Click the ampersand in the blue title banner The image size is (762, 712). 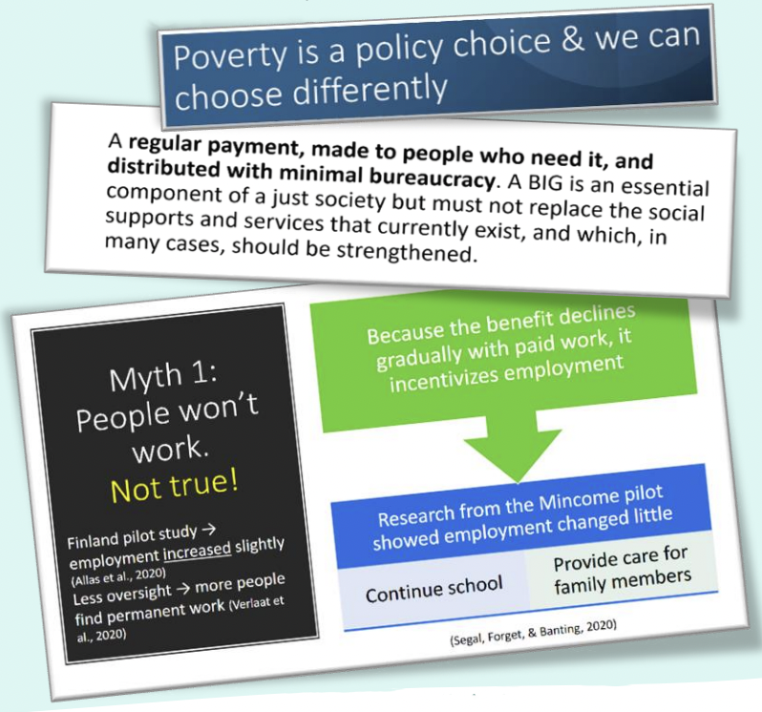pyautogui.click(x=574, y=40)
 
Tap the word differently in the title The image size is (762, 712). pyautogui.click(x=370, y=91)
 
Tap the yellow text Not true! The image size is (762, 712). pyautogui.click(x=175, y=487)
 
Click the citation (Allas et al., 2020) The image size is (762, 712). pyautogui.click(x=118, y=576)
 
